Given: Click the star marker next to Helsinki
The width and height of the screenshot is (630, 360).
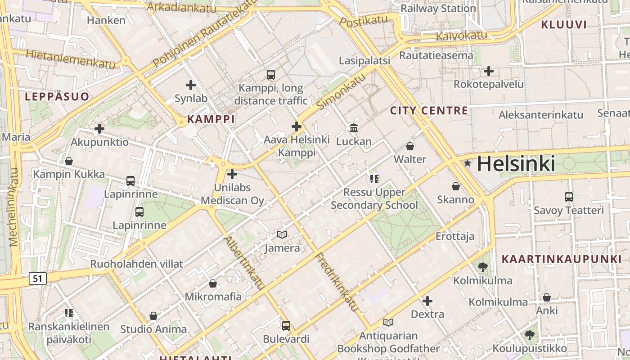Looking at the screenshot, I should [468, 163].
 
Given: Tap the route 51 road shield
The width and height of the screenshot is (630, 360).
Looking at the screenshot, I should [37, 279].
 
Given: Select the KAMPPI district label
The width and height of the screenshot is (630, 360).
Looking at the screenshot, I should [211, 119].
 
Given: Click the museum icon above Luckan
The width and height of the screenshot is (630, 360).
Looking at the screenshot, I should [354, 128].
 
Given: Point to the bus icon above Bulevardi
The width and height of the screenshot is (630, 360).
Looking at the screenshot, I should [286, 325].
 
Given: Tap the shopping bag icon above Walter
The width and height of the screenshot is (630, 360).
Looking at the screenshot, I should [410, 146].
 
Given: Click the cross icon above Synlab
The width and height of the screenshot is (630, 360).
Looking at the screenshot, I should [191, 85].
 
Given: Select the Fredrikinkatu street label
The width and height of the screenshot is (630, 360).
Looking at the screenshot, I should [337, 282].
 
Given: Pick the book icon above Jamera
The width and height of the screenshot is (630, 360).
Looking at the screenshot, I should [282, 234].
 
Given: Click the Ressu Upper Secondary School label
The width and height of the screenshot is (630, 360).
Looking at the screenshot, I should [374, 199].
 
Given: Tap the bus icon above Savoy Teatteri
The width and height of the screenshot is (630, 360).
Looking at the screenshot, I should [569, 197].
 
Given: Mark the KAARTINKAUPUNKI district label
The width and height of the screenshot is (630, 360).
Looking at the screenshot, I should [561, 259].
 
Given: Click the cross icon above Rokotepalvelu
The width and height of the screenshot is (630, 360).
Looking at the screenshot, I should [489, 71].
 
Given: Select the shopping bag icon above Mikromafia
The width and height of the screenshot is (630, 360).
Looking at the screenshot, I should [213, 283].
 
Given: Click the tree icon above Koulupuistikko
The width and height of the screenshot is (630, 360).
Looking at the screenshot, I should [530, 335].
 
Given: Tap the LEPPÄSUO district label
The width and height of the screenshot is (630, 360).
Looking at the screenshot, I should [57, 97].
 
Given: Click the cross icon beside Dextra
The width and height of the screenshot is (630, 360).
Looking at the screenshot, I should [427, 301].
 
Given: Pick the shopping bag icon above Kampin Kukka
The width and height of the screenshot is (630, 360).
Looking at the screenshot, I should [69, 161].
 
